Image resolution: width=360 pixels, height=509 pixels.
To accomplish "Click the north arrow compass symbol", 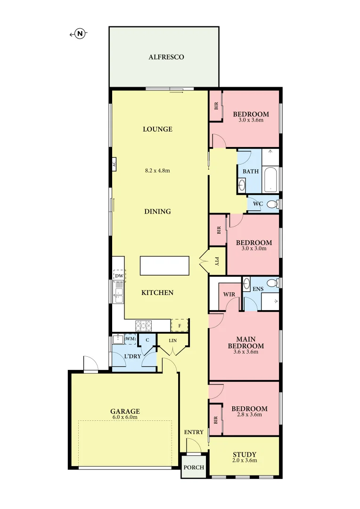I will pos(81,33).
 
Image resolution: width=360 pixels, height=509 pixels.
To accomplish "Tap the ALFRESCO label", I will pos(166,57).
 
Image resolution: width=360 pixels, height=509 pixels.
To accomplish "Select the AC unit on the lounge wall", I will pos(114,164).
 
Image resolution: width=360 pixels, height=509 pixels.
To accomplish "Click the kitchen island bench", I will pos(164,266).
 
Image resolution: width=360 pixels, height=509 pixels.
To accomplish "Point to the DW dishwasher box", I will pos(119,276).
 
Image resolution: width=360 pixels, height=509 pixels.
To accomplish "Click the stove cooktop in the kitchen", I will pos(144,325).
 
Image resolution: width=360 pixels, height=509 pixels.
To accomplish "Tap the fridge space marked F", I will pos(180,325).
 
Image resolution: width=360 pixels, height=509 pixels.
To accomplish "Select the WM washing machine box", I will pos(131,339).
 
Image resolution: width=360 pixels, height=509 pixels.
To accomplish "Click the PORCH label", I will pos(194,468).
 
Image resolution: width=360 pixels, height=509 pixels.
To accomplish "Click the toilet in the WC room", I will pos(271,204).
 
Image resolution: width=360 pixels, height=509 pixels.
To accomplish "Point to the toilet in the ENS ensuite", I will pos(271,283).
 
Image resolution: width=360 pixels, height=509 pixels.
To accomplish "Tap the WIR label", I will pos(229,294).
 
